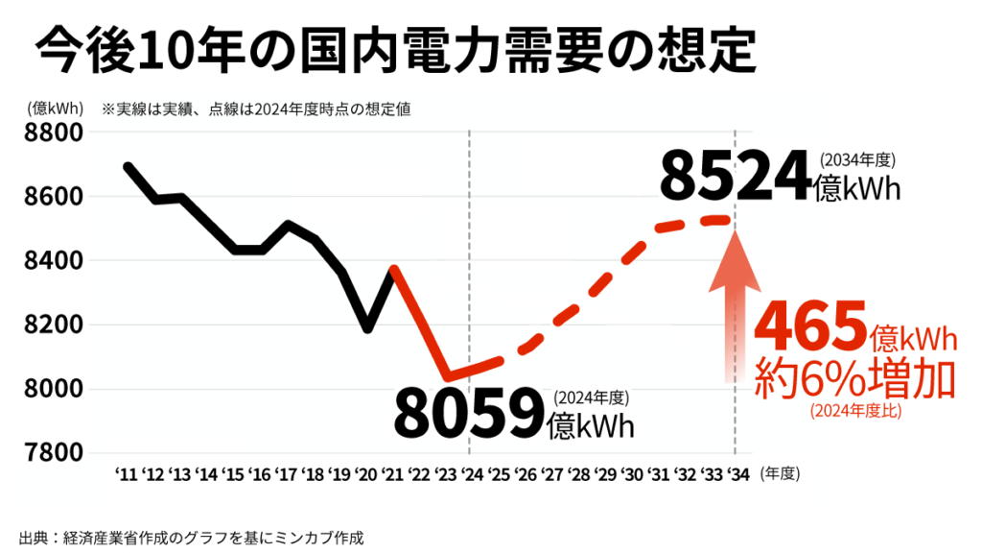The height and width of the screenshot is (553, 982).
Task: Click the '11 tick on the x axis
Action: (x=126, y=473)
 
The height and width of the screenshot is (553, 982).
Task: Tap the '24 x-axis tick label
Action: (x=471, y=473)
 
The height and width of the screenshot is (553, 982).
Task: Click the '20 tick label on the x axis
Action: (x=365, y=473)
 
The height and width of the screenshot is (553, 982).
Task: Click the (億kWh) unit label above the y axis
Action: (x=57, y=108)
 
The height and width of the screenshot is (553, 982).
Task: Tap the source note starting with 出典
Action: (x=191, y=537)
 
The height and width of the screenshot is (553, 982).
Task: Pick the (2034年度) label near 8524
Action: (x=857, y=159)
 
